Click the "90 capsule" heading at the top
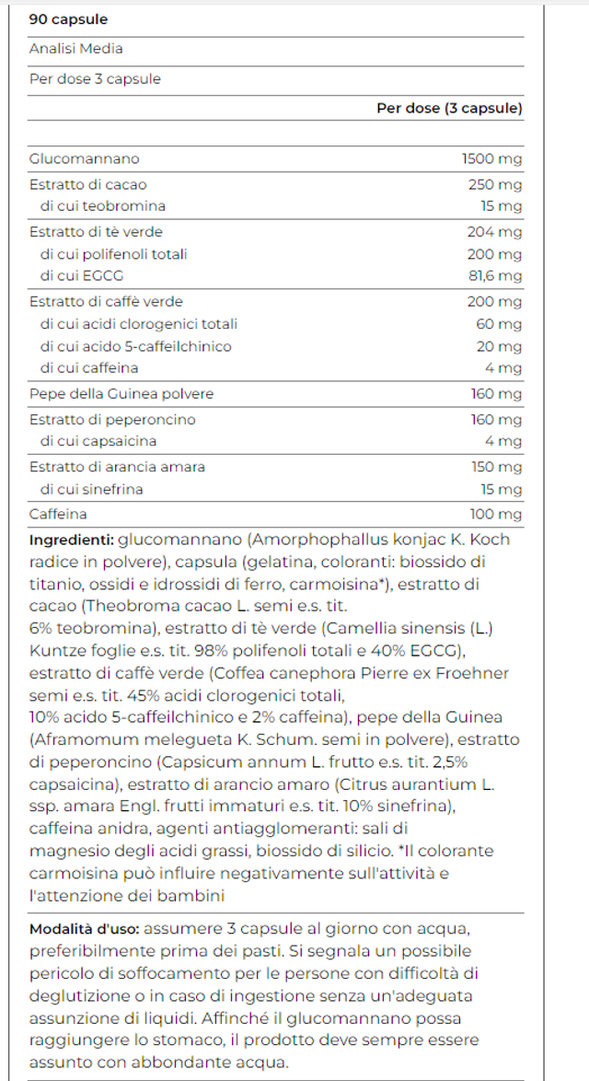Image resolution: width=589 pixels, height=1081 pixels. click(x=68, y=19)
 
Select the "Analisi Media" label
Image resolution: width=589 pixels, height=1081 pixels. click(x=75, y=49)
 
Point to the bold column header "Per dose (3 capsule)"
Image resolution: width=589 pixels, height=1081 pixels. click(x=449, y=109)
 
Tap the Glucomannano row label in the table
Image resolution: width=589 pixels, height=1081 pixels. click(x=85, y=159)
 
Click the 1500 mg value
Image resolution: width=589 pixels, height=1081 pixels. click(x=491, y=159)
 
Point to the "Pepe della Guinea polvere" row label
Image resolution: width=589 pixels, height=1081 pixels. click(x=121, y=394)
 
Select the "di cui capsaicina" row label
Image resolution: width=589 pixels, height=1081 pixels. click(x=98, y=442)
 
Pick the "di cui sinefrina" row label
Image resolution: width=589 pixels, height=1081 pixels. click(x=92, y=489)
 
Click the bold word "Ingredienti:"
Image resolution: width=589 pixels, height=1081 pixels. click(x=72, y=540)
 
